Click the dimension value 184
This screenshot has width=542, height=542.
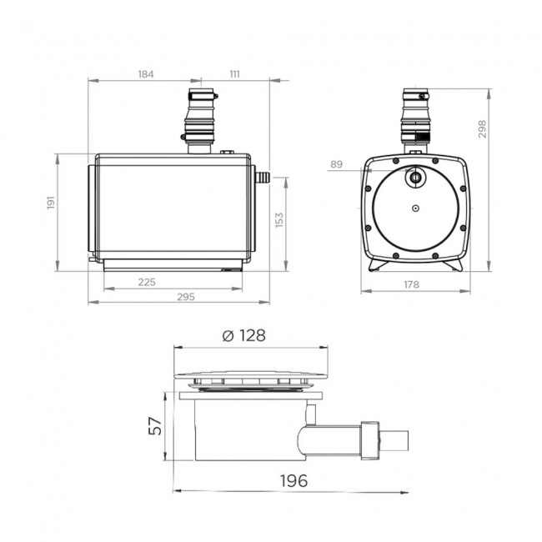pos(145,74)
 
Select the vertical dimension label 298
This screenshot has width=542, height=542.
pos(482,128)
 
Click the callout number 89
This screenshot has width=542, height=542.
pos(336,165)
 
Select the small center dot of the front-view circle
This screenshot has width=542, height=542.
pos(414,210)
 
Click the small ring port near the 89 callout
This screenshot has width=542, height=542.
pos(414,177)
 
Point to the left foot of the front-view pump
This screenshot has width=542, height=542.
pos(376,266)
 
